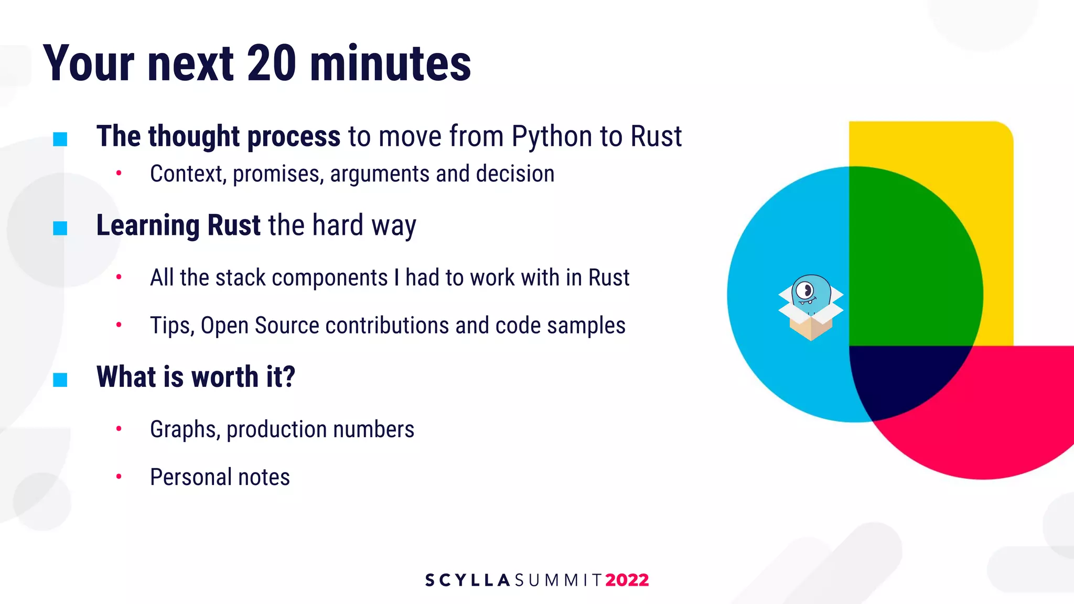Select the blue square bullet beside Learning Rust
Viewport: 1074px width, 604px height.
(60, 228)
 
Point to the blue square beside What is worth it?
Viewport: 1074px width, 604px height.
(60, 379)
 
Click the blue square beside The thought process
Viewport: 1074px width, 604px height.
(60, 139)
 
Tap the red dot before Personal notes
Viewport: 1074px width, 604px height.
(119, 476)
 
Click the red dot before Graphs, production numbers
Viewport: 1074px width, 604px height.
(119, 428)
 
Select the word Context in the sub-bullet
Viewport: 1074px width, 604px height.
(186, 174)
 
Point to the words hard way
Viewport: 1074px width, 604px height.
(364, 225)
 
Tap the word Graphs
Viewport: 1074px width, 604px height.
(184, 429)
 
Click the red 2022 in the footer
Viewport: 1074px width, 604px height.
(627, 580)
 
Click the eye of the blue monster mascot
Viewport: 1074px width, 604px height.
(805, 290)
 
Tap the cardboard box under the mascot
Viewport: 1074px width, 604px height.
(811, 326)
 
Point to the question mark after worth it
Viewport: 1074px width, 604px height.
(289, 376)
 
